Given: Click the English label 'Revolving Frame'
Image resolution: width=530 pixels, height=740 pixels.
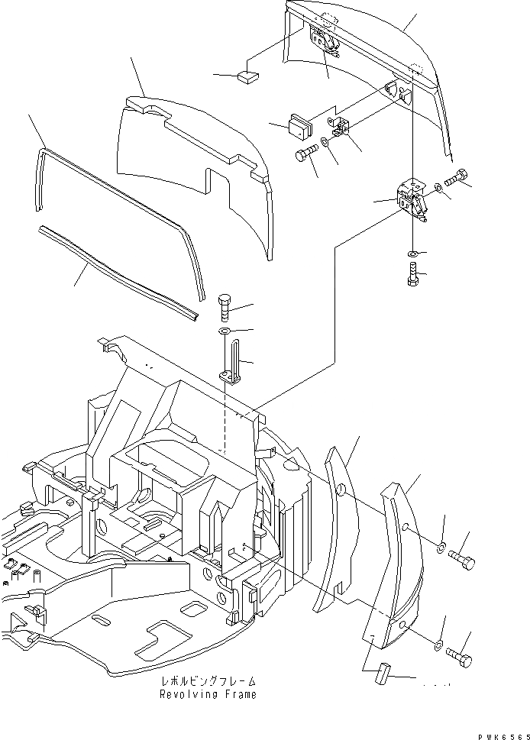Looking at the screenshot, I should click(208, 695).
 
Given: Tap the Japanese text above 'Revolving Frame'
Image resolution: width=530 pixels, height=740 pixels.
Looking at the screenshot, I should click(208, 680).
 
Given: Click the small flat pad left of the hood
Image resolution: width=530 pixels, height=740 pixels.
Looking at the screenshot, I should click(249, 76).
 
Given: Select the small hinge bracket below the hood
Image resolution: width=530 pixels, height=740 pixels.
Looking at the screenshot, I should click(344, 129).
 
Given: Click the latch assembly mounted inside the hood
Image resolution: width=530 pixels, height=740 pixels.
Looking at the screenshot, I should click(325, 41).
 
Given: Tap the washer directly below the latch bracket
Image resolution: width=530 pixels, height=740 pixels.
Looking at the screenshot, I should click(412, 253).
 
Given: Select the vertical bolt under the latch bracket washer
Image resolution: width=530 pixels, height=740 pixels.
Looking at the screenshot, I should click(412, 273).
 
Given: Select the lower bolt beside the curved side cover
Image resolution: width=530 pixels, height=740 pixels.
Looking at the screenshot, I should click(461, 657).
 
